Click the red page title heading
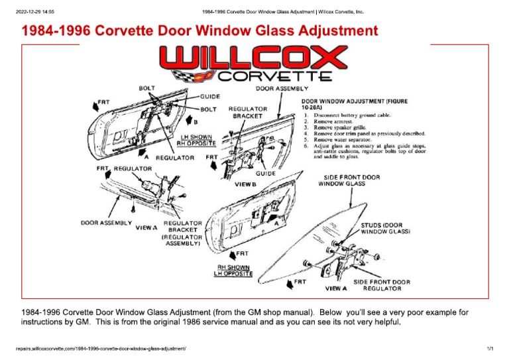[200, 31]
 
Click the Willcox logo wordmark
[254, 60]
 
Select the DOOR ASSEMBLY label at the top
[282, 88]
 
